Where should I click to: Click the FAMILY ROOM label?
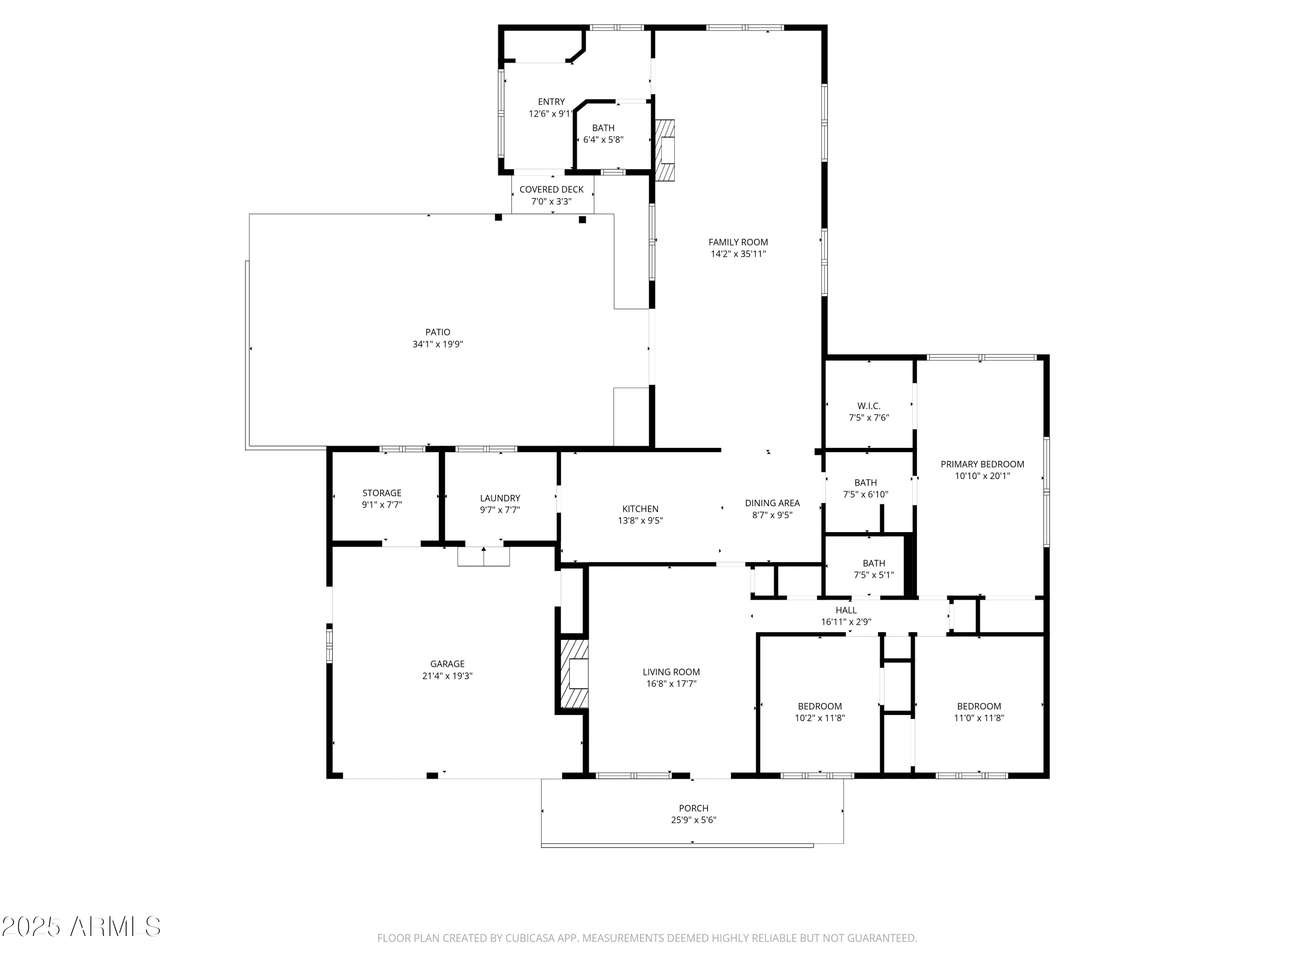[x=738, y=242]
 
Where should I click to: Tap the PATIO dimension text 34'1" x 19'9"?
[x=437, y=344]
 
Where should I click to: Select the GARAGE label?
[x=447, y=664]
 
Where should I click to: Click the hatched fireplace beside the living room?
[x=574, y=674]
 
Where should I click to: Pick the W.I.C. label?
[x=869, y=406]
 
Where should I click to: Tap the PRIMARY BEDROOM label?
[x=982, y=464]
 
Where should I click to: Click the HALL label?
[x=846, y=610]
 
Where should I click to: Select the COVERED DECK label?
[x=552, y=189]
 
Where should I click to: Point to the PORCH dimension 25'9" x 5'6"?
[x=693, y=820]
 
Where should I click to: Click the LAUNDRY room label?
[x=500, y=498]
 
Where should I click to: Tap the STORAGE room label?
[x=382, y=493]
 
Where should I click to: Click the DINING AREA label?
[x=772, y=503]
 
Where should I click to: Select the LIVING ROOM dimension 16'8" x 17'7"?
[x=671, y=684]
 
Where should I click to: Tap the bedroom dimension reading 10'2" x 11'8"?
[x=820, y=718]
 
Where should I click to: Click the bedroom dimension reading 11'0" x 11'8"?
[x=979, y=718]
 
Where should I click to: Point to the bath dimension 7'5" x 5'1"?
[x=874, y=575]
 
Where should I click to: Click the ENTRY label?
[x=552, y=102]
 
